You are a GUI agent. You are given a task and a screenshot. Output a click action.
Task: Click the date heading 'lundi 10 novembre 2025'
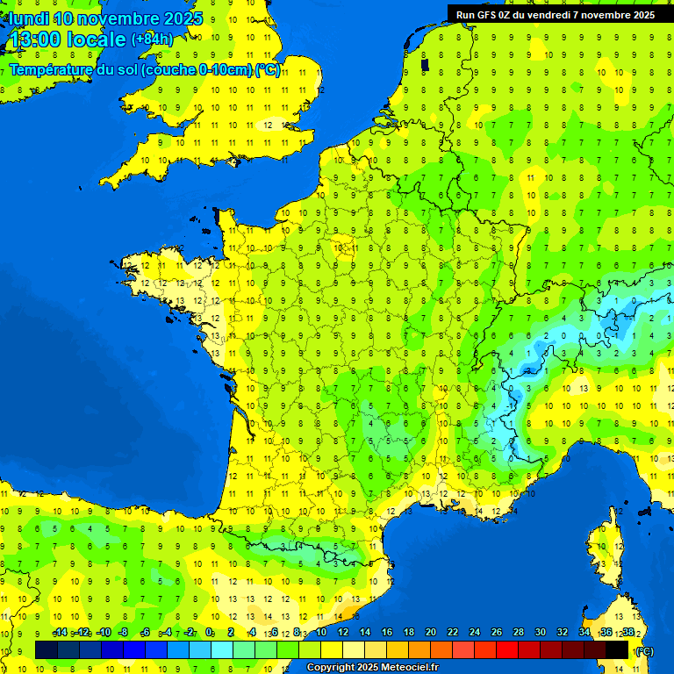(x=105, y=18)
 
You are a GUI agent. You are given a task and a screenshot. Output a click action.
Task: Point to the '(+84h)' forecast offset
(x=152, y=39)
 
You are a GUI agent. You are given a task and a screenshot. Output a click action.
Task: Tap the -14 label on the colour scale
(x=60, y=632)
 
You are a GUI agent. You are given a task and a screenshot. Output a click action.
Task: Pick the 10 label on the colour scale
(x=321, y=632)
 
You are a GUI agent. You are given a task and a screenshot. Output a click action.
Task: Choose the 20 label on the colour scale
(x=431, y=632)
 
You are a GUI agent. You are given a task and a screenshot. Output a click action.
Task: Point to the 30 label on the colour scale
(x=540, y=632)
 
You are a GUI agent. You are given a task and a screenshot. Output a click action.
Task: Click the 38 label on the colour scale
(x=627, y=632)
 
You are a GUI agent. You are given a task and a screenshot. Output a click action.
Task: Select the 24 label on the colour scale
(x=475, y=632)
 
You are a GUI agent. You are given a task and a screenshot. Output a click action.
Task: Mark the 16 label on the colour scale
(x=387, y=632)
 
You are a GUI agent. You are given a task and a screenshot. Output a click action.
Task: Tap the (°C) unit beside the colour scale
(x=645, y=651)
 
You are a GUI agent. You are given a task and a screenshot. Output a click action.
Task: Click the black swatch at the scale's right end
(x=617, y=649)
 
